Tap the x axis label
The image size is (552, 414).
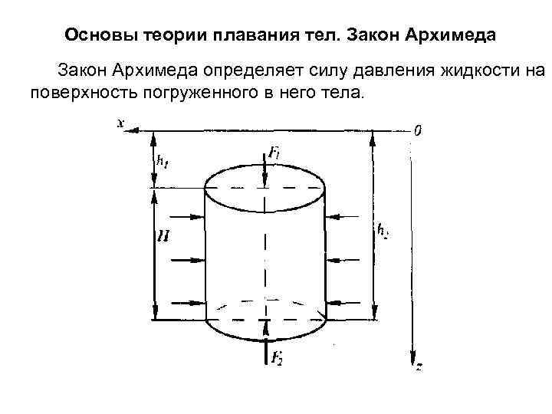[121, 122]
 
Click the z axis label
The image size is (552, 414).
[419, 367]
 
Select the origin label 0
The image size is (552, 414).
[417, 130]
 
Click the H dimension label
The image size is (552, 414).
[163, 238]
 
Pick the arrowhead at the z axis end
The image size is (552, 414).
[412, 360]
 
